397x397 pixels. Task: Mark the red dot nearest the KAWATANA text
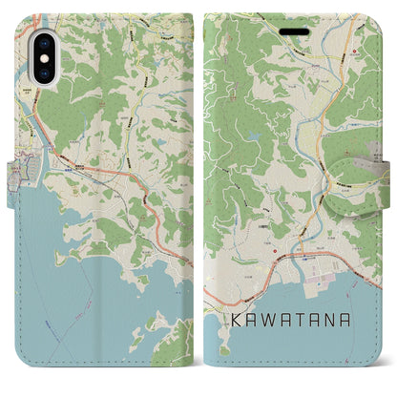pos(274,252)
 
